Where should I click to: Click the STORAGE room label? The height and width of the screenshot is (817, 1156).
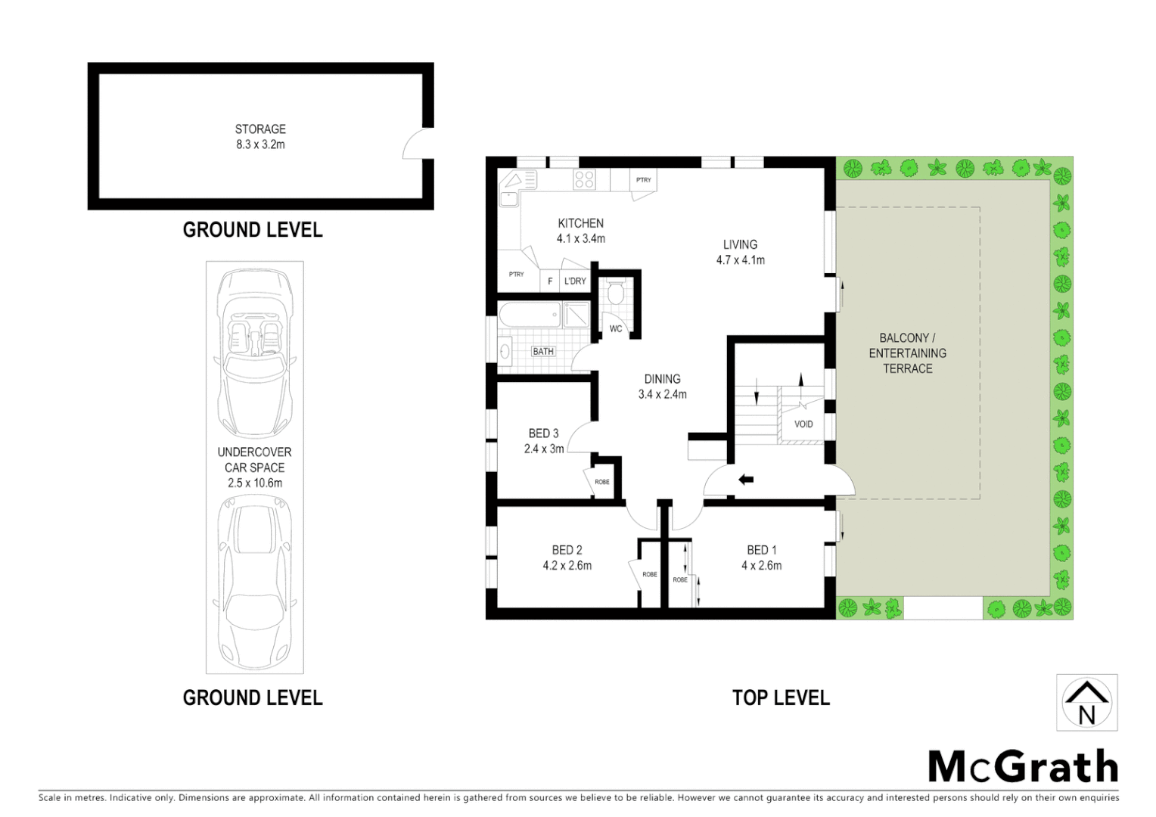click(260, 129)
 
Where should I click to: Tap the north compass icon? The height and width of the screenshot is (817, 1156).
click(1086, 703)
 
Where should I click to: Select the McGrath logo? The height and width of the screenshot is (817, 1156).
click(1022, 766)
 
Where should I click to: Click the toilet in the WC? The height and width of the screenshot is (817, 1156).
click(616, 293)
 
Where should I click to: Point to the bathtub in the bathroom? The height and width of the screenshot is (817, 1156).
click(529, 315)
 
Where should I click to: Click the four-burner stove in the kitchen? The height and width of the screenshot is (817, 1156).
click(583, 179)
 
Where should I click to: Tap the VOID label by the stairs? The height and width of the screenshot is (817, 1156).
click(803, 424)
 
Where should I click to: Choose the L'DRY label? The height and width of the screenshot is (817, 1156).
click(575, 281)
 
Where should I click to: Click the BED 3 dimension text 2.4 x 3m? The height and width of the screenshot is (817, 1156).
click(544, 449)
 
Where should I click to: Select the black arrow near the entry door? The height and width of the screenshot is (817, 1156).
click(746, 479)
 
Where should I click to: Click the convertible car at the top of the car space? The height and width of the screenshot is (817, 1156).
click(254, 353)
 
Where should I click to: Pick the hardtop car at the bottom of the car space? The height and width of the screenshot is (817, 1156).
click(254, 580)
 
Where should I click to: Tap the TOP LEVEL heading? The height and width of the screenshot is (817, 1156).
click(781, 697)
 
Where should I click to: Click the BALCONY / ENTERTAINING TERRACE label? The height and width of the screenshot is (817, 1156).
click(907, 353)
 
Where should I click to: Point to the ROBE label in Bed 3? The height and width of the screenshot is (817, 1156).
click(602, 482)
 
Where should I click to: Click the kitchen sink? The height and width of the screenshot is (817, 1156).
click(508, 199)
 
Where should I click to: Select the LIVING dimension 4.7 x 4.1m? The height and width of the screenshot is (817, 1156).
click(741, 260)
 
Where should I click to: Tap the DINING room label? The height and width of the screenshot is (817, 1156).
click(662, 379)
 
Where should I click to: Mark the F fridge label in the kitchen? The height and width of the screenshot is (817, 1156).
click(550, 281)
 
